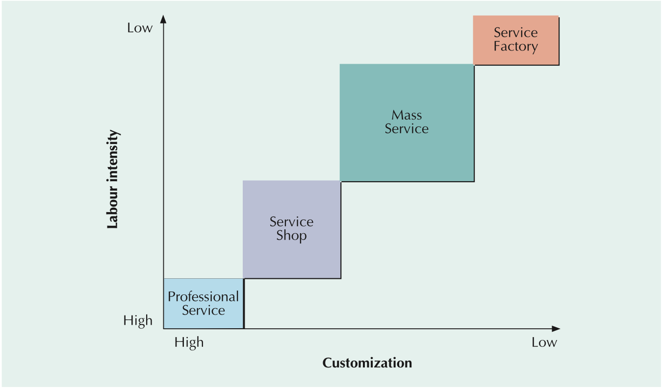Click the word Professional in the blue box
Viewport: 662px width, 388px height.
(203, 297)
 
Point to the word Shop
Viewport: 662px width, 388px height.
(291, 236)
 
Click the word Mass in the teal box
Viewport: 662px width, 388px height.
(407, 115)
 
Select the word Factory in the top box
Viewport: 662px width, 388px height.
(516, 47)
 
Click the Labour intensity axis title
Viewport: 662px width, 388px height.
(113, 179)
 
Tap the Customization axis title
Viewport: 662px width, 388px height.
(367, 363)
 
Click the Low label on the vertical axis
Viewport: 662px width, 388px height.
(140, 28)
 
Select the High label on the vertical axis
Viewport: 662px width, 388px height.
(138, 321)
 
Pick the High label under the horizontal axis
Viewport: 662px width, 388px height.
(189, 342)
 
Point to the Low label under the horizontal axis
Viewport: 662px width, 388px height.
(544, 342)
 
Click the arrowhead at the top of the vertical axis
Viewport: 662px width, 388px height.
(164, 19)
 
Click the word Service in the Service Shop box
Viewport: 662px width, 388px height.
(291, 222)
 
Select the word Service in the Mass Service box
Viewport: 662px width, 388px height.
(407, 129)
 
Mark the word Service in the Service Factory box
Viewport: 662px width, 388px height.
(516, 33)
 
